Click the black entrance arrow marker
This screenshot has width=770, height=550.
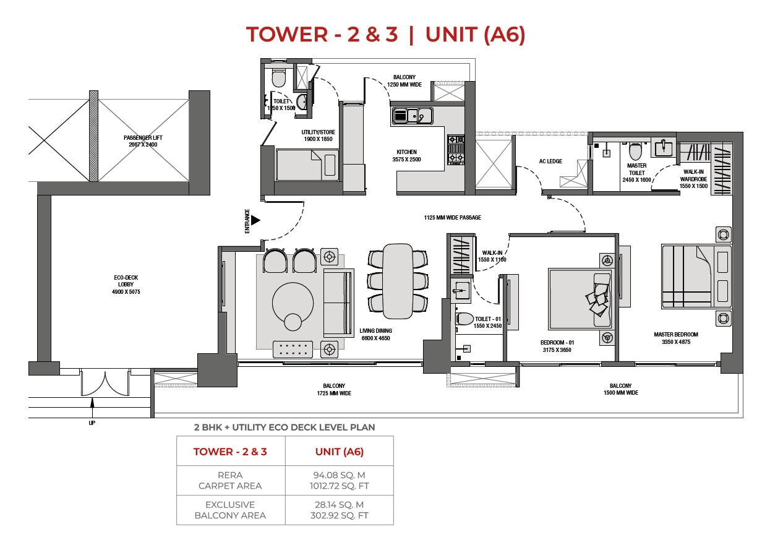255,220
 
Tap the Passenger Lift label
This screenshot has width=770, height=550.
143,141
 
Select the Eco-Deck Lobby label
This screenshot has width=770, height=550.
126,285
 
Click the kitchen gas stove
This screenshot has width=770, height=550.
456,150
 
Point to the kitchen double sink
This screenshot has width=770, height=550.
413,116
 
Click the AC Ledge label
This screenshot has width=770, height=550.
550,161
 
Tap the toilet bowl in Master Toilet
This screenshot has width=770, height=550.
635,152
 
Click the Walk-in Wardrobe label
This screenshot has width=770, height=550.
693,179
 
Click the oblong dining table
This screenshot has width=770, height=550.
398,281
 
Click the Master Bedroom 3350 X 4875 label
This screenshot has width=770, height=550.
676,338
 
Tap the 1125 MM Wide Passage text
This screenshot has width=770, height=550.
452,217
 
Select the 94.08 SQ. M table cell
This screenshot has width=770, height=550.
339,475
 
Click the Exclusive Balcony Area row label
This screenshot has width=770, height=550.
230,510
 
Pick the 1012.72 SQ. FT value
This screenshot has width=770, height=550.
339,486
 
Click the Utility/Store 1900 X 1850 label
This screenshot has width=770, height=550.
318,135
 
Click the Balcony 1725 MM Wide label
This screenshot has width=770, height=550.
334,389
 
